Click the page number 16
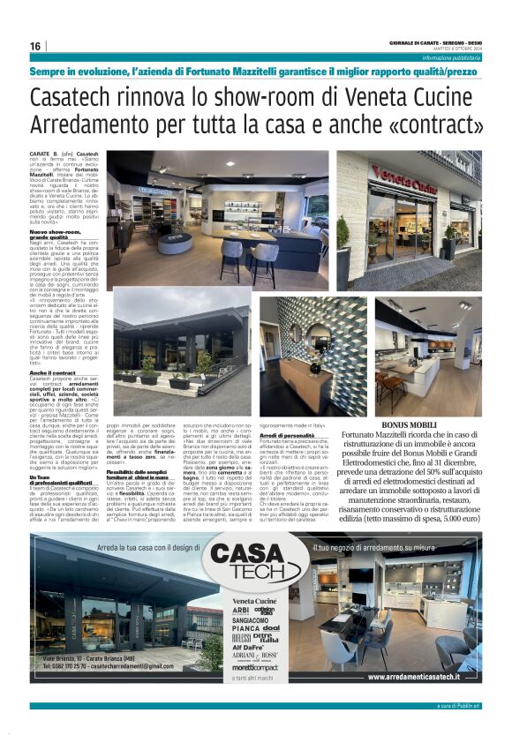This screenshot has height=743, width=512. click(35, 46)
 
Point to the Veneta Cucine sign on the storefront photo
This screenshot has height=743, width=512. click(405, 175)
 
